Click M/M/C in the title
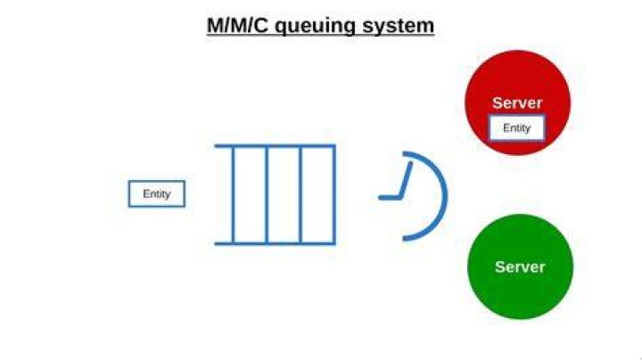(x=237, y=25)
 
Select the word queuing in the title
(x=315, y=27)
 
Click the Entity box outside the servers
(x=157, y=194)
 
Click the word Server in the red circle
(x=517, y=102)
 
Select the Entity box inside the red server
(x=516, y=128)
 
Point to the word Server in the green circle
(x=520, y=267)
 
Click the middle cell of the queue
(x=284, y=195)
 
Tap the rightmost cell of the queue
(x=317, y=195)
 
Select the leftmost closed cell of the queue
(x=250, y=195)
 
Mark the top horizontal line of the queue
(x=276, y=145)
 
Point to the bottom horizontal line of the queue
(x=276, y=244)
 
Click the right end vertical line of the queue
(x=334, y=195)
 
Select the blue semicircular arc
(x=446, y=196)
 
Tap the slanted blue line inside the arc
(x=406, y=180)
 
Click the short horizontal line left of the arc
(x=390, y=198)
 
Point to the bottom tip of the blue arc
(x=404, y=239)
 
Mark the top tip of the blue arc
(x=404, y=154)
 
